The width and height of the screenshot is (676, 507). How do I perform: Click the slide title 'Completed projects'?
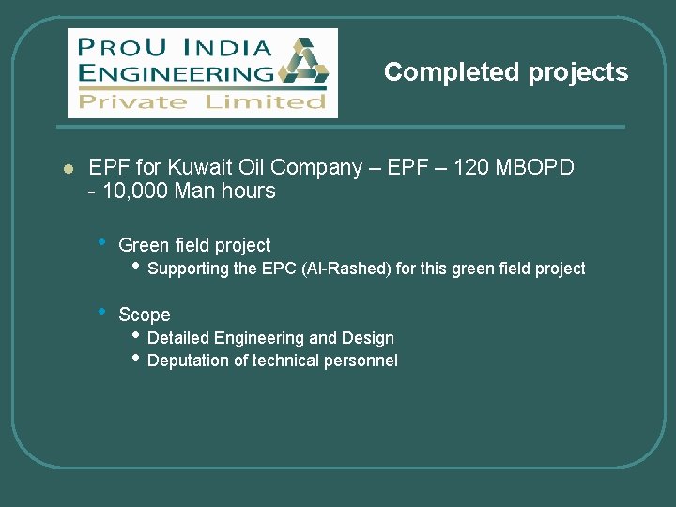click(506, 72)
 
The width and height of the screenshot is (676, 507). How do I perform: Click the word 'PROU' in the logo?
click(116, 47)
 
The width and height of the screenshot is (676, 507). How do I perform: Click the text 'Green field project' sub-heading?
click(194, 245)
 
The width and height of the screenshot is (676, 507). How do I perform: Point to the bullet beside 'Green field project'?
click(101, 242)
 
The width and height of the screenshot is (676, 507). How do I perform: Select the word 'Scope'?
click(145, 315)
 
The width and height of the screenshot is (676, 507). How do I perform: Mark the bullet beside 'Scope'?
click(101, 312)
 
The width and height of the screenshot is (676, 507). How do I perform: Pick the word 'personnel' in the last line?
click(363, 361)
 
